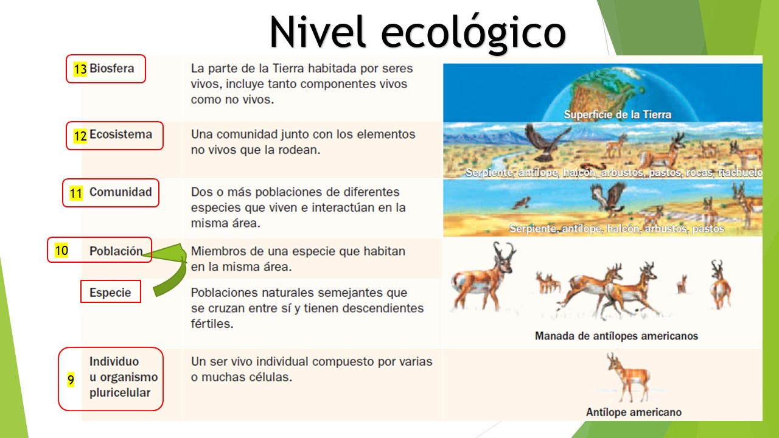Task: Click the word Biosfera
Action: click(111, 68)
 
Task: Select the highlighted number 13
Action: click(80, 69)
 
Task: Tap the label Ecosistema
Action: click(121, 134)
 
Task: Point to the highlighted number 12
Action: click(80, 136)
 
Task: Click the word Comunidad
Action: click(121, 192)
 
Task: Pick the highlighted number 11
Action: click(76, 194)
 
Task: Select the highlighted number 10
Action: click(61, 250)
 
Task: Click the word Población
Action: click(116, 251)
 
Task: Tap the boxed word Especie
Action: click(110, 292)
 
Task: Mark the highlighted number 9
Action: click(71, 381)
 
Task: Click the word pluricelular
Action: click(120, 393)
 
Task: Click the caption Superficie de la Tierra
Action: click(617, 114)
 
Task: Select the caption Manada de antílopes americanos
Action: click(616, 336)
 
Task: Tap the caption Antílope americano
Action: click(634, 412)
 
